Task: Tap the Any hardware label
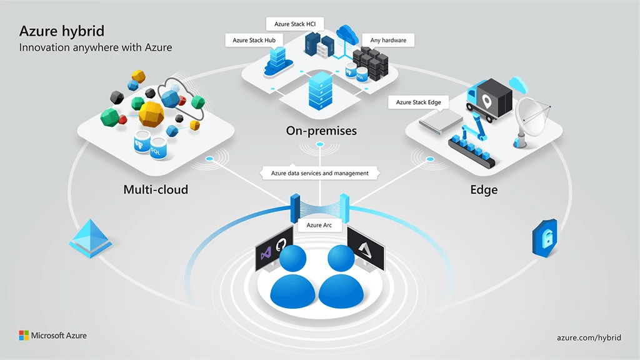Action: tap(388, 40)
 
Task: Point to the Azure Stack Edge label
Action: tap(419, 102)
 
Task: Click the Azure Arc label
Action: tap(319, 224)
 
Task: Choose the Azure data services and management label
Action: tap(319, 173)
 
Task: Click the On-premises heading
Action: tap(321, 131)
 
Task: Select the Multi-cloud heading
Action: tap(156, 189)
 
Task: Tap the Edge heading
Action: tap(484, 189)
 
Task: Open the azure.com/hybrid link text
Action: tap(589, 337)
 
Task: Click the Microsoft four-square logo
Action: tap(23, 336)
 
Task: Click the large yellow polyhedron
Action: tap(151, 114)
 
